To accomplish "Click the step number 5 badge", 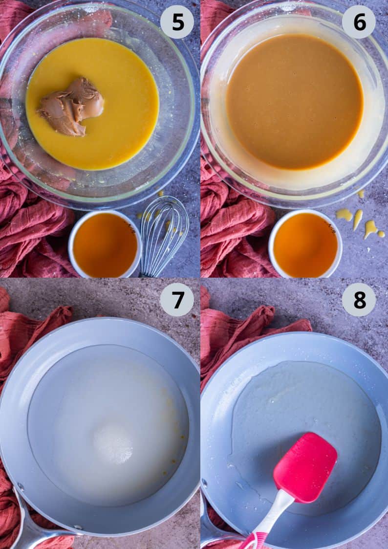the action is [x=177, y=22].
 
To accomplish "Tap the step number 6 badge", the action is [x=359, y=22].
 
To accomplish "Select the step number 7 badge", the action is [x=177, y=300].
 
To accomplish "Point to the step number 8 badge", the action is [x=359, y=300].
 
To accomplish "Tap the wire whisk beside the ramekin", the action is [x=163, y=235].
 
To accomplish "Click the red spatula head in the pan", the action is [x=305, y=467].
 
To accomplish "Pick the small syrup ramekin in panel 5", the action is [x=105, y=244].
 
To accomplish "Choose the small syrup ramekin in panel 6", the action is [x=305, y=243].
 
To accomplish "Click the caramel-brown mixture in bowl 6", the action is [x=295, y=102].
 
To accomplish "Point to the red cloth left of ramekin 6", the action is [x=235, y=238].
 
